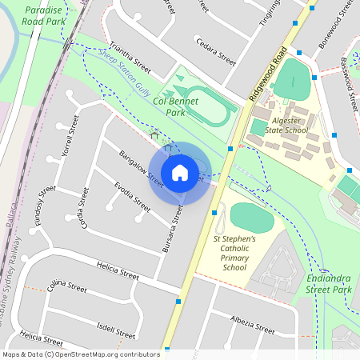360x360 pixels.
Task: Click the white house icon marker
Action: (180, 173)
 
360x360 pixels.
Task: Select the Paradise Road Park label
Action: (44, 16)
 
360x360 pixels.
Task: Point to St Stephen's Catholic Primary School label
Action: (234, 253)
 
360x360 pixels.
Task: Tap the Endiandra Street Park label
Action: (329, 282)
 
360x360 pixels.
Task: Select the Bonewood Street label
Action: (334, 30)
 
